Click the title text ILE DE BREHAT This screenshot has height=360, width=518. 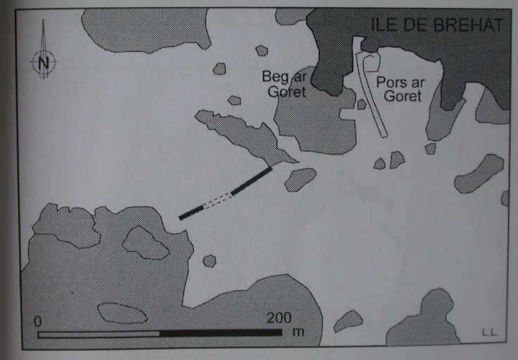coord(437,25)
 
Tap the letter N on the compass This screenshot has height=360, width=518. coord(44,62)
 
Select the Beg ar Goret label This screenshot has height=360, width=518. coord(285,84)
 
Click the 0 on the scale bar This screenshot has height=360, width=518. coord(38,321)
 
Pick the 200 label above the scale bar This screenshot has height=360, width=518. coord(279,318)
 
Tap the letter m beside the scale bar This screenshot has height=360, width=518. coord(298,331)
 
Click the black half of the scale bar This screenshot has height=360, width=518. coord(221,333)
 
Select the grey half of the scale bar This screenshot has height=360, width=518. coord(99,335)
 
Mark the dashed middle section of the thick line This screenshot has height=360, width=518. coord(217,200)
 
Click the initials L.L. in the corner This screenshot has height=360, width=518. coord(490,333)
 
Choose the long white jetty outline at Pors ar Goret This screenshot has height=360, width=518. coord(369,89)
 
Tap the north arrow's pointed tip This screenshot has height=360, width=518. coord(43,20)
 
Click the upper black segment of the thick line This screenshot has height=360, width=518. coord(252,181)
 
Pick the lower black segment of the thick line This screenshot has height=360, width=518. coord(191,212)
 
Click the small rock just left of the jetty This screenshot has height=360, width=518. coord(362,104)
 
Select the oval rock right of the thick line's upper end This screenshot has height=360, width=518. coord(300,179)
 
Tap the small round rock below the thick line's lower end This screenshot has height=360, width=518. coord(209,261)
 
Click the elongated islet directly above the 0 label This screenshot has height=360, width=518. coord(122,313)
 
